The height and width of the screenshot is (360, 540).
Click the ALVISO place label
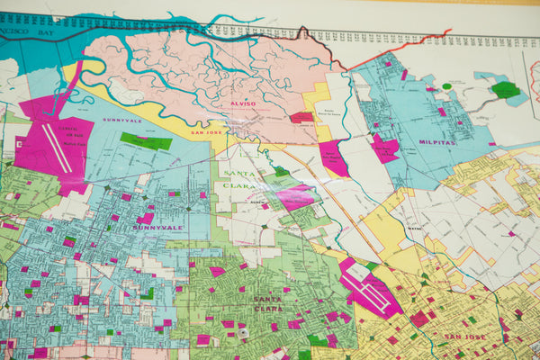pyautogui.click(x=244, y=103)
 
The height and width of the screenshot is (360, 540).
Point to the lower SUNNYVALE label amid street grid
pyautogui.click(x=158, y=228)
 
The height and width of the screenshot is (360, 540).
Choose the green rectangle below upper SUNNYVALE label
pyautogui.click(x=147, y=141)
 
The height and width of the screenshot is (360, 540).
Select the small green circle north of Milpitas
pyautogui.click(x=447, y=86)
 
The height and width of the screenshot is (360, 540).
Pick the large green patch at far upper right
pyautogui.click(x=506, y=90)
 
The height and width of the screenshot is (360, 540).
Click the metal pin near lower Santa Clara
pyautogui.click(x=241, y=335)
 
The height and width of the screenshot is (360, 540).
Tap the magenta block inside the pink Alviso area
pyautogui.click(x=301, y=117)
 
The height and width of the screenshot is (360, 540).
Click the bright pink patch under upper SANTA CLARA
pyautogui.click(x=296, y=197)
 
